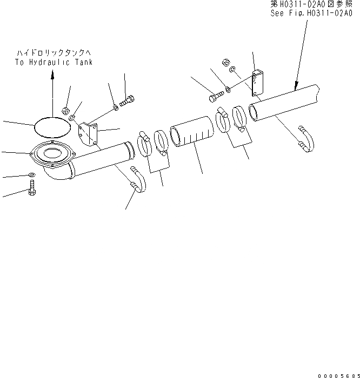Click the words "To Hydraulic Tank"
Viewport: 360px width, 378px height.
[x=54, y=62]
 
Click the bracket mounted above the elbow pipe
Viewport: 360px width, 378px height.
[x=88, y=133]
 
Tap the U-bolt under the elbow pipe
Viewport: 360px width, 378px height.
[x=138, y=181]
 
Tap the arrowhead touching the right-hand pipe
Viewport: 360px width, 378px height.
[x=295, y=86]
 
